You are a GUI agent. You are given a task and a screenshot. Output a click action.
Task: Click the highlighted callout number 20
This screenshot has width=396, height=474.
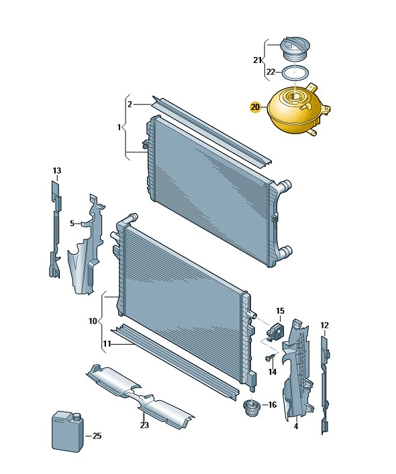(x=255, y=107)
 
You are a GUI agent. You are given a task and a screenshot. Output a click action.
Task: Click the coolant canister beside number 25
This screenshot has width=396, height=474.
(x=67, y=430)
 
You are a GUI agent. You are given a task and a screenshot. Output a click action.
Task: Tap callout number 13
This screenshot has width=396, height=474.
(x=57, y=171)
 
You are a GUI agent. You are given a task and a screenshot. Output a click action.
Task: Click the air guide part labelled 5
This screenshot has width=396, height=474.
(x=86, y=245)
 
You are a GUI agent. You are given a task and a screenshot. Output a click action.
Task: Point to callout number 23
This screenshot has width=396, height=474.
(x=144, y=425)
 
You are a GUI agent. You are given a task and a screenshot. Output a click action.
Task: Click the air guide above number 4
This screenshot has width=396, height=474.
(x=297, y=369)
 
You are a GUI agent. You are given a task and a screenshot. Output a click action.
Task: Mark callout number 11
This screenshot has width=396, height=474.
(x=107, y=344)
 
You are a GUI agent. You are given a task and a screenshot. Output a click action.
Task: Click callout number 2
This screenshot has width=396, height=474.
(x=130, y=105)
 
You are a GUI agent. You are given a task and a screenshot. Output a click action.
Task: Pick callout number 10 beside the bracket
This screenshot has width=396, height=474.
(x=93, y=321)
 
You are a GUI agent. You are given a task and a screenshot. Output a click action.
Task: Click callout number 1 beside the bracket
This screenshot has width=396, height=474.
(x=119, y=127)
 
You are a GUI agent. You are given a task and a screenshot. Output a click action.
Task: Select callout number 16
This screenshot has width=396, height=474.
(x=273, y=404)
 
